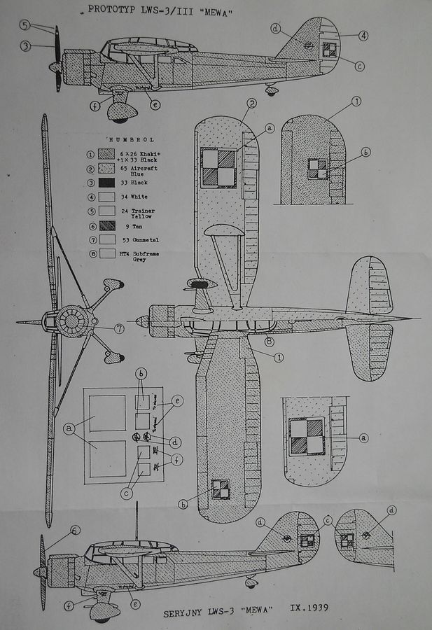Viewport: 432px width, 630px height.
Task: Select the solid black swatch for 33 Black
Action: coord(106,182)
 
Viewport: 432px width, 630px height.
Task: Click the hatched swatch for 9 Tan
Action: coord(106,226)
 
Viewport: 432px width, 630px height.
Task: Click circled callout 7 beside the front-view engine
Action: coord(119,328)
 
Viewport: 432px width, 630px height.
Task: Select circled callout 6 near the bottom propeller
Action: coord(74,531)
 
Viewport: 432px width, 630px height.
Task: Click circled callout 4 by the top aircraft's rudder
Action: coord(364,35)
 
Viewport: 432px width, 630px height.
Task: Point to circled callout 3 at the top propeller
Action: coord(25,46)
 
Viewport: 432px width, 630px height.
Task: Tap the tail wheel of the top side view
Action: coord(272,89)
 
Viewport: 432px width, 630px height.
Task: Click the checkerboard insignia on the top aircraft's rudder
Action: coord(329,49)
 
